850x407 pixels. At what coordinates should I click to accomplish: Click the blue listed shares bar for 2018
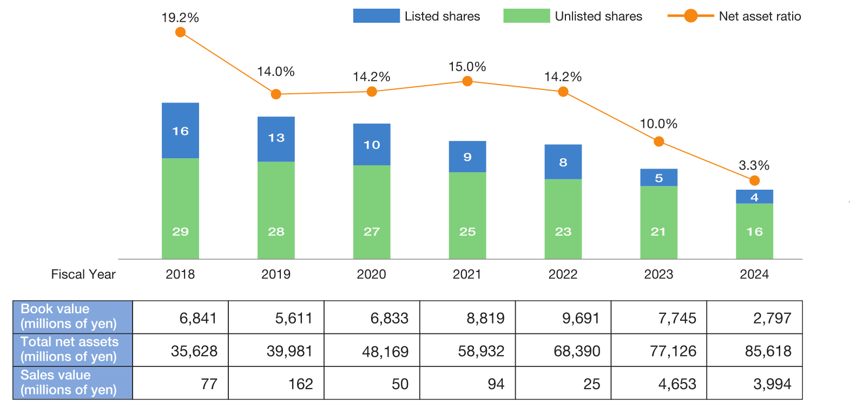pyautogui.click(x=180, y=131)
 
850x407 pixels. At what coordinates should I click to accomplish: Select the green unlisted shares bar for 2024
pyautogui.click(x=754, y=231)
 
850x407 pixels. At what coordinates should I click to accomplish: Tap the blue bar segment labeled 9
pyautogui.click(x=467, y=157)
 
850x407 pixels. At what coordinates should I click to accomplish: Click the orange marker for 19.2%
pyautogui.click(x=181, y=33)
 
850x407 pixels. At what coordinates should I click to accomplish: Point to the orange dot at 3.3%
pyautogui.click(x=754, y=180)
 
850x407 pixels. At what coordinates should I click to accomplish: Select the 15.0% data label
pyautogui.click(x=467, y=67)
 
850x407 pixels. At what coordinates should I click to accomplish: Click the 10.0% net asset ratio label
pyautogui.click(x=658, y=124)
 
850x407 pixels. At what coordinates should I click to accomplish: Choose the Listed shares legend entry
pyautogui.click(x=417, y=16)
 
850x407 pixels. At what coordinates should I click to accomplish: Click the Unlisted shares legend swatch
pyautogui.click(x=526, y=16)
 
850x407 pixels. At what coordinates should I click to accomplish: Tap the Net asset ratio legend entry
pyautogui.click(x=734, y=16)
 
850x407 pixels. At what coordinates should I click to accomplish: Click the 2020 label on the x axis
pyautogui.click(x=371, y=274)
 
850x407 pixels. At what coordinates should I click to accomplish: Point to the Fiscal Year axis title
pyautogui.click(x=83, y=274)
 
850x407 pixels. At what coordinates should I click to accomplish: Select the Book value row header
pyautogui.click(x=73, y=316)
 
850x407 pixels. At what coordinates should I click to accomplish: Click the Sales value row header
pyautogui.click(x=73, y=383)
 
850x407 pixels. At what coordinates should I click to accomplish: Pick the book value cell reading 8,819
pyautogui.click(x=467, y=318)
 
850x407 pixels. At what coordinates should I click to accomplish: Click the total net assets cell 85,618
pyautogui.click(x=754, y=351)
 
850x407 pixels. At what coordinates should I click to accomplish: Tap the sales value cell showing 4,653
pyautogui.click(x=658, y=384)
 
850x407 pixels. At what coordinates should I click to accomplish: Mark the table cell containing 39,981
pyautogui.click(x=276, y=351)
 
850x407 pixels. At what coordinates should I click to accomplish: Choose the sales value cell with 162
pyautogui.click(x=276, y=384)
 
